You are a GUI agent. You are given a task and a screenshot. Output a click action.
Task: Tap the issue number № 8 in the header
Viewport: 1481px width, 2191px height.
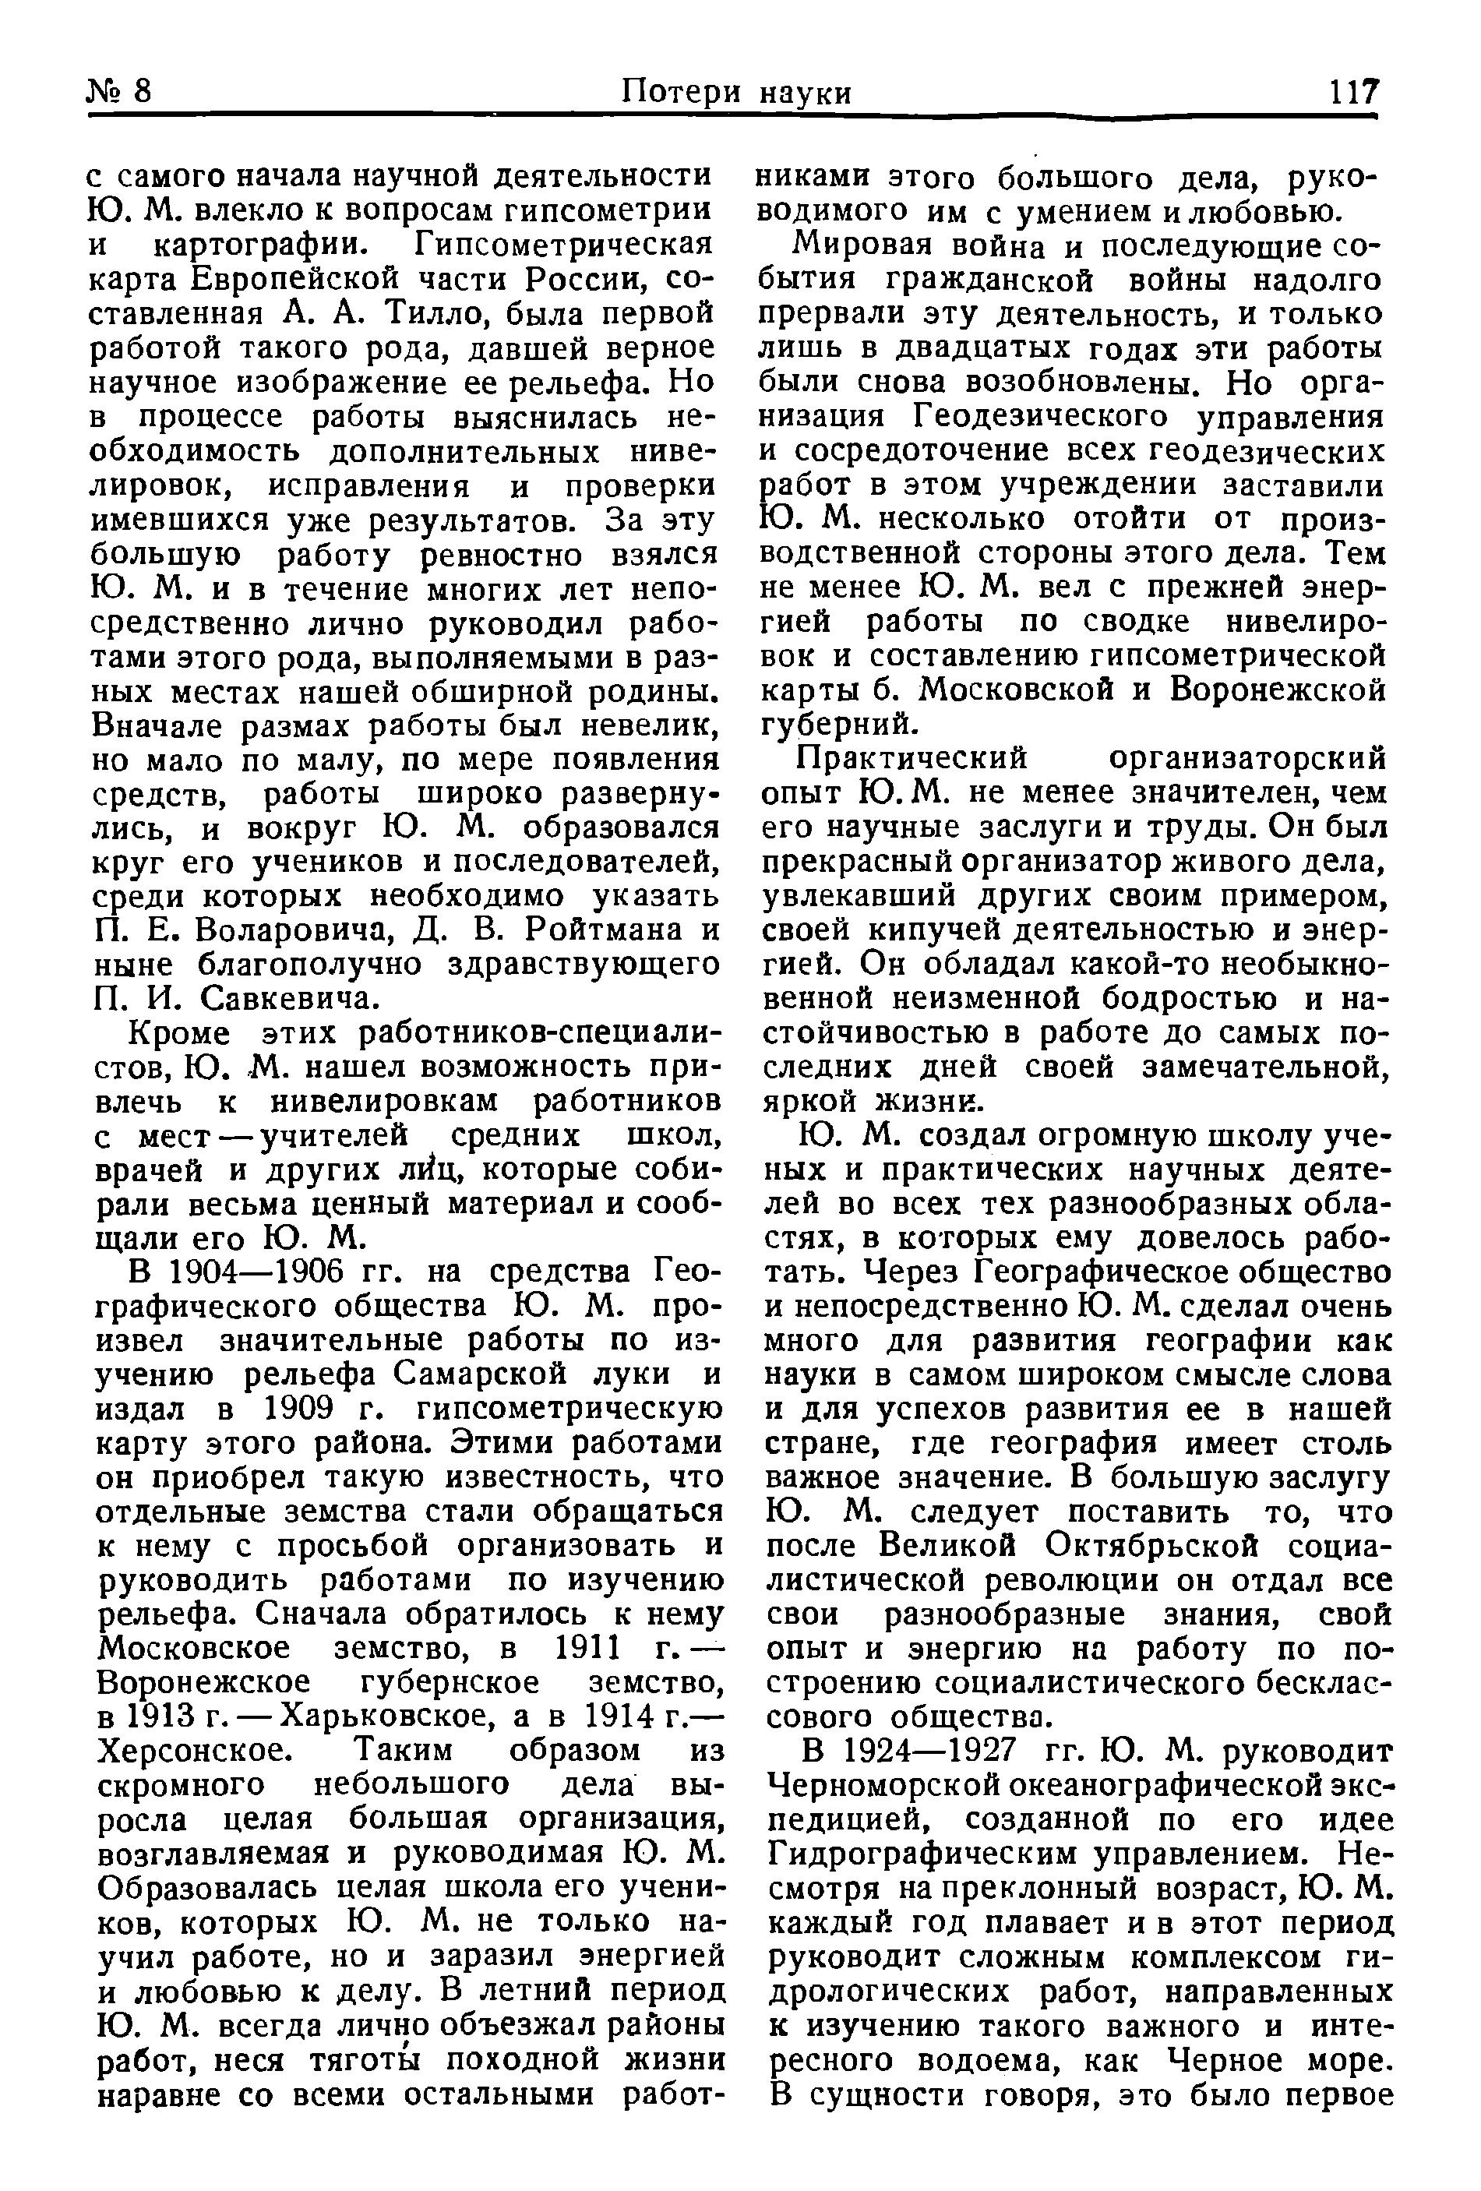(x=120, y=91)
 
